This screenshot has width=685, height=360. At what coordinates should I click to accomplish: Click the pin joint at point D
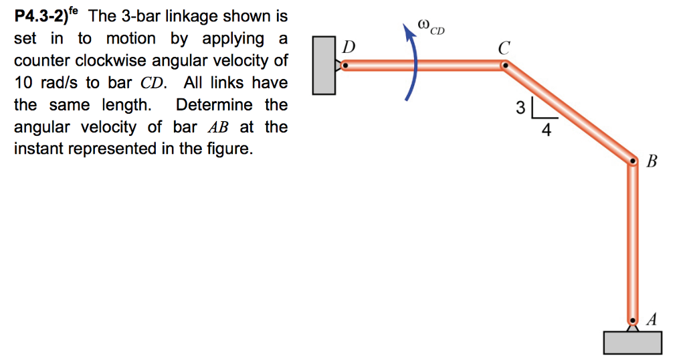pos(345,66)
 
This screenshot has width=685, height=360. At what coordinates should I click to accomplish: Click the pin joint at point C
pos(506,66)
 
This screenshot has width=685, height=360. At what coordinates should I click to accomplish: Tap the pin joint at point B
pos(631,161)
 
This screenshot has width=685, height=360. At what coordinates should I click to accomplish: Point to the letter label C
pos(503,48)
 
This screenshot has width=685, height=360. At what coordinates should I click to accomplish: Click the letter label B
pos(653,161)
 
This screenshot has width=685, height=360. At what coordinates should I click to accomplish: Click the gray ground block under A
pos(631,342)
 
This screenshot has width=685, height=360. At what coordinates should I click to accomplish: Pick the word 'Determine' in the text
pos(215,104)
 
